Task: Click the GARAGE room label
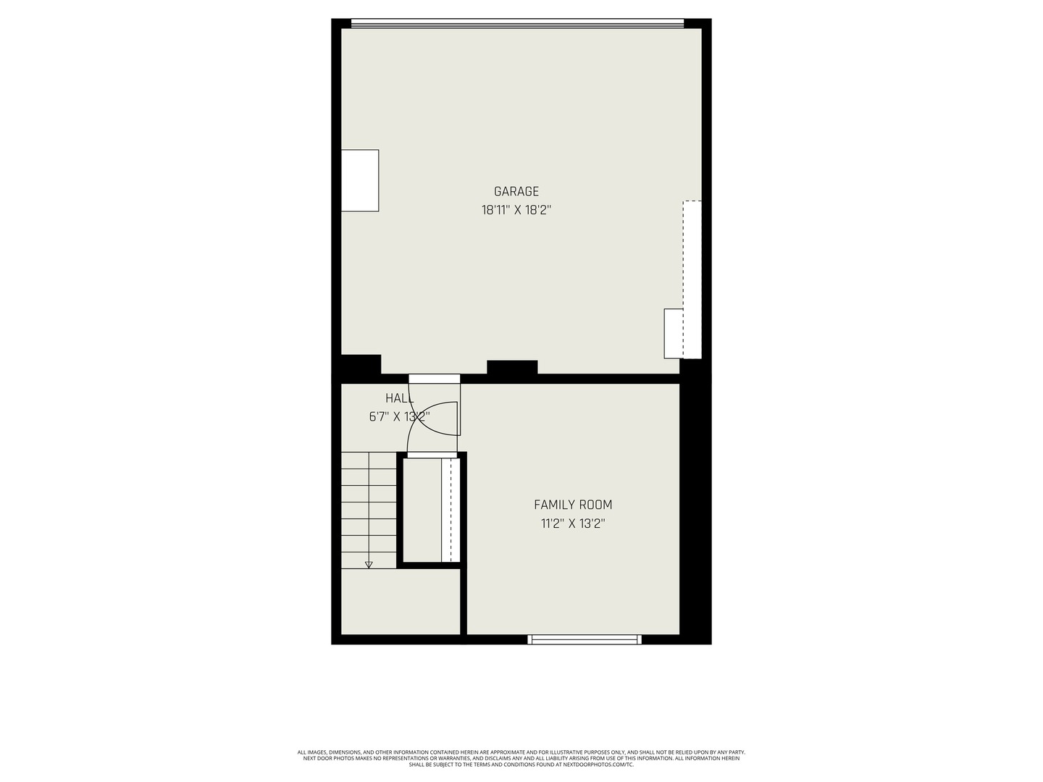click(x=516, y=192)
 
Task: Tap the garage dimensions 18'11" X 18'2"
click(x=516, y=211)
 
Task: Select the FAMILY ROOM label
click(x=573, y=505)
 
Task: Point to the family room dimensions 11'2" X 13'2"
click(x=573, y=524)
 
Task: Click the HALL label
click(x=399, y=398)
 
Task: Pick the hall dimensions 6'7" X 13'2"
click(x=399, y=416)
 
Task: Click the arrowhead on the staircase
click(x=369, y=564)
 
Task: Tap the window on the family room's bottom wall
click(x=585, y=639)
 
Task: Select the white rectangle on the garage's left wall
click(x=360, y=180)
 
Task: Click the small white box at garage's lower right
click(x=674, y=333)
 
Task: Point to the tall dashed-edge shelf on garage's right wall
click(x=692, y=279)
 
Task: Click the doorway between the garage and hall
click(x=435, y=379)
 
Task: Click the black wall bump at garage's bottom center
click(x=512, y=367)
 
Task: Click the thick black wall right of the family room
click(x=695, y=507)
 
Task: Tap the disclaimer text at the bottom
click(x=521, y=758)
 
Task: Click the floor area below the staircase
click(x=401, y=601)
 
